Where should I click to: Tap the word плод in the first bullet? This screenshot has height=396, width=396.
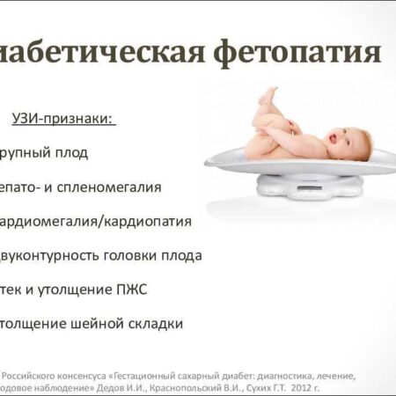click(73, 153)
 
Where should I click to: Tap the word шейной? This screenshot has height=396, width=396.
click(95, 324)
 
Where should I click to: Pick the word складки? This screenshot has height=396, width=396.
click(155, 324)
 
